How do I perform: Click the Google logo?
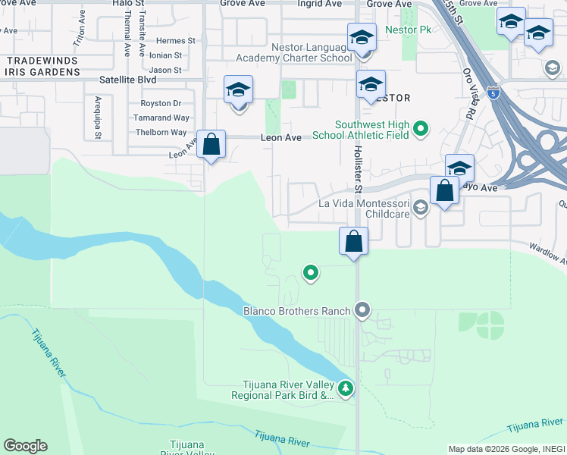coord(25,446)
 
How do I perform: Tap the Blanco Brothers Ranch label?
coord(296,310)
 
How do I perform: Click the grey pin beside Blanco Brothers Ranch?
coord(362,309)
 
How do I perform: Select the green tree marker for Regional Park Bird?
coord(346,388)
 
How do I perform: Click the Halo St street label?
coord(127,4)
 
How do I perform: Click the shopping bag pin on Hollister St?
coord(353,243)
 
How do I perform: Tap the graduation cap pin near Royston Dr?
coord(239,93)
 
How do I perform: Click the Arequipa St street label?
coord(98,118)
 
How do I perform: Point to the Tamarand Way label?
coord(161,118)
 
